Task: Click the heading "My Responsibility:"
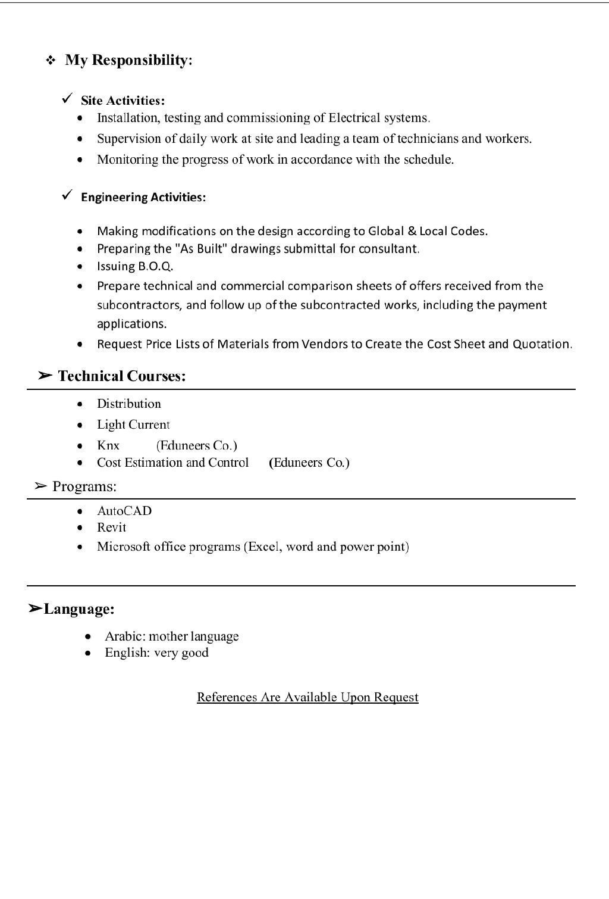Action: [128, 60]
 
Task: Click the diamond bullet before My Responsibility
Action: [51, 60]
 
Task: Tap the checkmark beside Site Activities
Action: [67, 98]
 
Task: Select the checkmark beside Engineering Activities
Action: [67, 195]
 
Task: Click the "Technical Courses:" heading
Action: [121, 376]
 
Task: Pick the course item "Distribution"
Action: [129, 404]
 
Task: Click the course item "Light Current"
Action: [133, 424]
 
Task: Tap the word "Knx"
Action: [108, 445]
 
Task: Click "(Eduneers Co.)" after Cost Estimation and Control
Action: [309, 463]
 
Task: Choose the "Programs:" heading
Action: [84, 486]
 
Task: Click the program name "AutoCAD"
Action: [124, 511]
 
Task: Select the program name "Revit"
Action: [112, 527]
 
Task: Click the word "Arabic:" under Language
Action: [125, 636]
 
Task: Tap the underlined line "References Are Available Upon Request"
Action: [307, 697]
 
